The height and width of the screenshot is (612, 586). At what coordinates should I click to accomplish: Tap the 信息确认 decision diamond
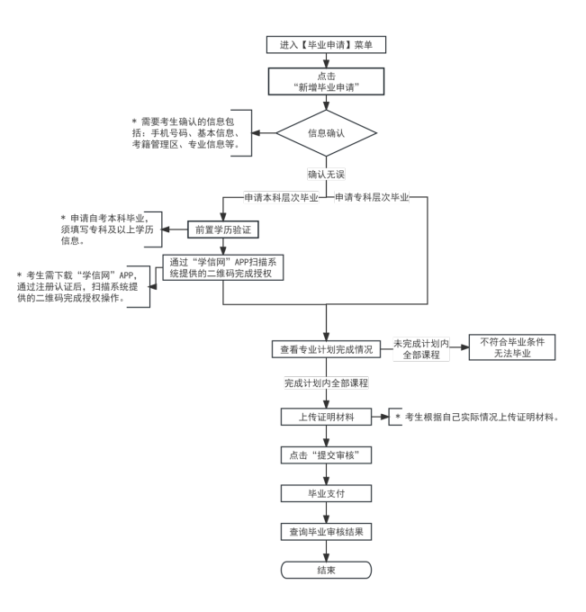tap(327, 133)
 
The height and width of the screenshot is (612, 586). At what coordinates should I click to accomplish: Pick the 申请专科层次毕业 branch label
tap(371, 197)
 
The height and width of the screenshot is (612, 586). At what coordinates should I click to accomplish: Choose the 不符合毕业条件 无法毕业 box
tap(510, 347)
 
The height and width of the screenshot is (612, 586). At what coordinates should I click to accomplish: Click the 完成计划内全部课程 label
tap(327, 383)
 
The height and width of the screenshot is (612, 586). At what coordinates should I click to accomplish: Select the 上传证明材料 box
tap(327, 418)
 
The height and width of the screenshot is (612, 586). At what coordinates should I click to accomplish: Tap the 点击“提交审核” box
tap(327, 456)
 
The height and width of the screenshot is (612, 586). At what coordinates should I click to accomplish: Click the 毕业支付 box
tap(327, 494)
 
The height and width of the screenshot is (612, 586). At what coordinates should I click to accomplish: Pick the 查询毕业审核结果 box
tap(327, 532)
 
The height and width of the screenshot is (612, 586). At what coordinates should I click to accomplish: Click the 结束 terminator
tap(327, 570)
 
